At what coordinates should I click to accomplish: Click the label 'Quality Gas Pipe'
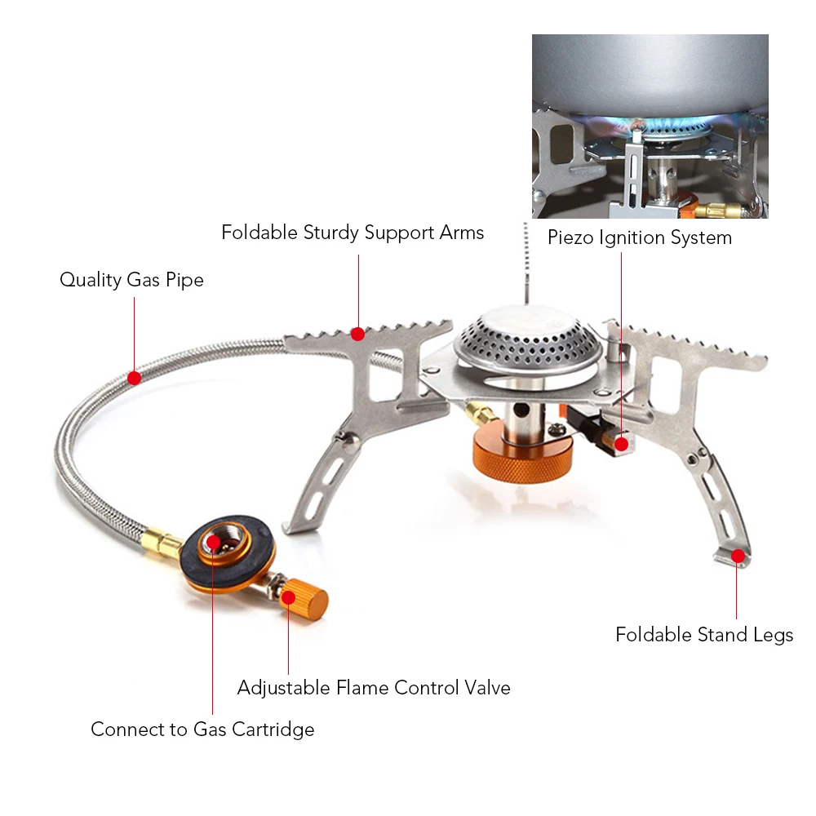click(x=131, y=280)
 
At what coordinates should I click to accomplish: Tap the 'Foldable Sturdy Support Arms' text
click(x=353, y=233)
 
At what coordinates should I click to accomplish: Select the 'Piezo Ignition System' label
click(x=640, y=238)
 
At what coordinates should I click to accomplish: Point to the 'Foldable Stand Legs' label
click(x=704, y=635)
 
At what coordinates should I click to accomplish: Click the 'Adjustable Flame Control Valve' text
click(x=374, y=688)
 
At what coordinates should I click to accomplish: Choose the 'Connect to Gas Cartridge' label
click(x=202, y=729)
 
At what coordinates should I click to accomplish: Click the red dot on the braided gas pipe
click(x=135, y=378)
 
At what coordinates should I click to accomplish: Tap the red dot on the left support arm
click(x=357, y=334)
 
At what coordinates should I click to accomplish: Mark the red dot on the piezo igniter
click(x=621, y=444)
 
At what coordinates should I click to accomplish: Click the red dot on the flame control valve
click(x=289, y=597)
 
